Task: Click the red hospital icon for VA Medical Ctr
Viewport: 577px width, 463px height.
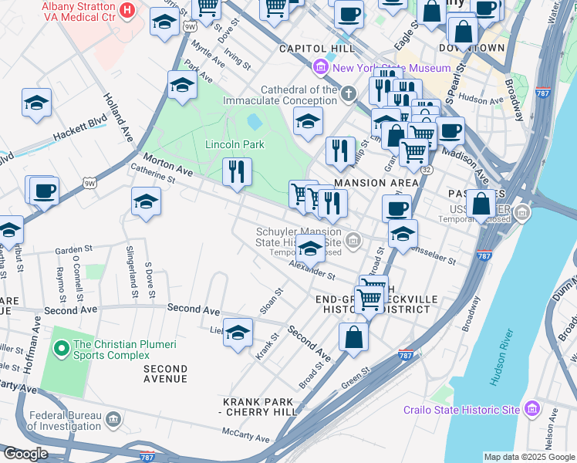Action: [128, 11]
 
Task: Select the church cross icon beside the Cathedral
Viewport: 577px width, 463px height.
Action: [349, 94]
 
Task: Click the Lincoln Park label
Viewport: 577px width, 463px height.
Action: [235, 144]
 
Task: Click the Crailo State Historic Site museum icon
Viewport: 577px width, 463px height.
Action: [531, 409]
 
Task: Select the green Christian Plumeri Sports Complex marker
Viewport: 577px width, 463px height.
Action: [61, 349]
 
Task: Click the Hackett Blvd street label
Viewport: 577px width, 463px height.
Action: [79, 129]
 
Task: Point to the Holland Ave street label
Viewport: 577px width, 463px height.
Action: [116, 118]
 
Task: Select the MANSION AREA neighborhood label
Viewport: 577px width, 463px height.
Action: [376, 183]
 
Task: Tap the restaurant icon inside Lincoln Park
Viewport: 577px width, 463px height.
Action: [237, 171]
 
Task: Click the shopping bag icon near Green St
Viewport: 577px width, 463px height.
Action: [353, 337]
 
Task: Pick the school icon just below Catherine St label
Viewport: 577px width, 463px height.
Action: [146, 201]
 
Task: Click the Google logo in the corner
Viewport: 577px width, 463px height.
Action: [25, 454]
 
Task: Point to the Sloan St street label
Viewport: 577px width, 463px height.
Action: [272, 301]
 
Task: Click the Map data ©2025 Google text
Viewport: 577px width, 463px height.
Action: [529, 457]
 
